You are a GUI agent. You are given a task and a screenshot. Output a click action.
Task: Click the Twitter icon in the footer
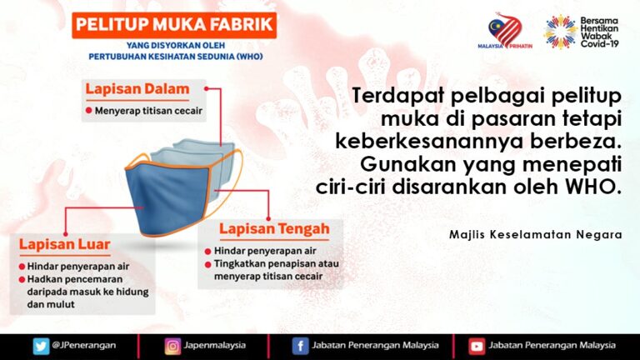point(40,345)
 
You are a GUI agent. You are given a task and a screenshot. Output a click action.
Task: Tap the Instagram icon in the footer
point(172,345)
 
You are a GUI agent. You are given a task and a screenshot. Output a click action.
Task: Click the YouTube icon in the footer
point(477,345)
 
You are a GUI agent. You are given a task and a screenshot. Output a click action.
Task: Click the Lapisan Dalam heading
point(137,88)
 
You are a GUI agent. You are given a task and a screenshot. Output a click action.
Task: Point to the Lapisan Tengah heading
point(274,227)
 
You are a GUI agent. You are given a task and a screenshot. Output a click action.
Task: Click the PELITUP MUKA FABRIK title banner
point(173,23)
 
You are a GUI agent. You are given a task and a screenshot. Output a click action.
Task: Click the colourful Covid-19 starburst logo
point(560,31)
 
